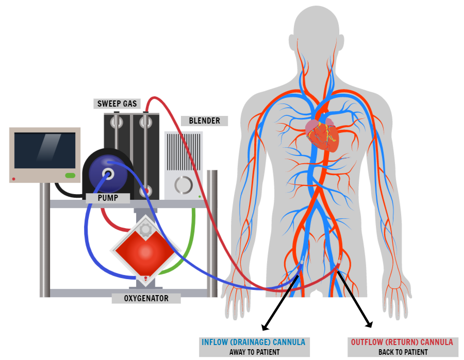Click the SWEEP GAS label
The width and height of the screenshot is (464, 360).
tap(117, 104)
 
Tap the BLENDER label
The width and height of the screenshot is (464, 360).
tap(205, 121)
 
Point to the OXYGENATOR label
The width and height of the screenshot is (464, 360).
tap(147, 298)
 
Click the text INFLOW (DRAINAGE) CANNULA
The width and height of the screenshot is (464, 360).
tap(254, 342)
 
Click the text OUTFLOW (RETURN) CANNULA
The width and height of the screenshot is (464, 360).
tap(402, 342)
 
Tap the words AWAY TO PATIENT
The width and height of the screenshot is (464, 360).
tap(254, 352)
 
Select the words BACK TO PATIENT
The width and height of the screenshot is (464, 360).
tap(402, 352)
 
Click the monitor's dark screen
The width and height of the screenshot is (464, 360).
tap(45, 150)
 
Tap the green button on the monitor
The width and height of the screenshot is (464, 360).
tap(70, 176)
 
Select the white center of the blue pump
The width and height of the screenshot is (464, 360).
tap(108, 174)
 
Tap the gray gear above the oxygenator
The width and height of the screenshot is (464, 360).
tap(146, 229)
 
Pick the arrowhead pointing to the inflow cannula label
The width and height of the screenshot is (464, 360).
tap(264, 327)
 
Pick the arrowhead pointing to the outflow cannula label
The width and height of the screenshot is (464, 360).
tap(369, 324)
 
